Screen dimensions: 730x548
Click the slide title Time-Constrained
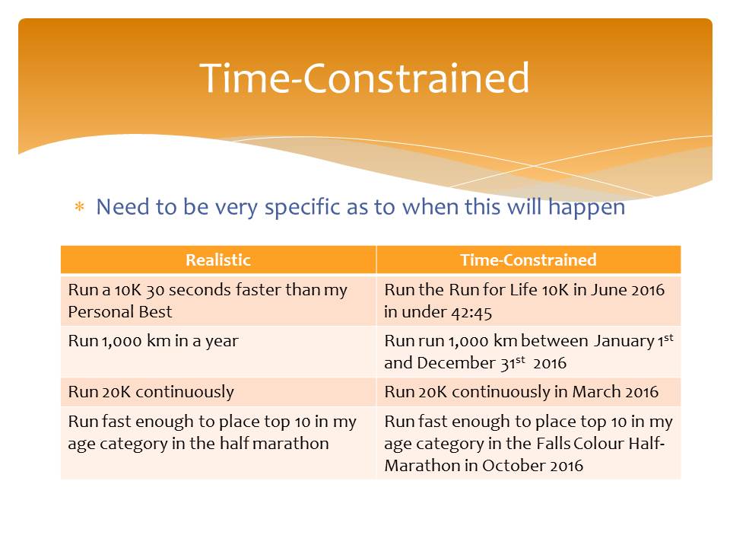click(364, 78)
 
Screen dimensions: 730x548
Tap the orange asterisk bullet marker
click(79, 206)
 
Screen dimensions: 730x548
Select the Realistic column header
click(218, 260)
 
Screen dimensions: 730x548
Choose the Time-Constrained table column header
click(528, 260)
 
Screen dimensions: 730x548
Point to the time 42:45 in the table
click(471, 312)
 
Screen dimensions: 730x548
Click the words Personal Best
click(120, 312)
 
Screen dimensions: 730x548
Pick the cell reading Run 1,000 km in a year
click(153, 341)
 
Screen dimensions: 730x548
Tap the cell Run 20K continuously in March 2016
click(521, 392)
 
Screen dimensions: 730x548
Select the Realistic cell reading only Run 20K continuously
click(151, 392)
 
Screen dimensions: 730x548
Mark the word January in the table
click(624, 342)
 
